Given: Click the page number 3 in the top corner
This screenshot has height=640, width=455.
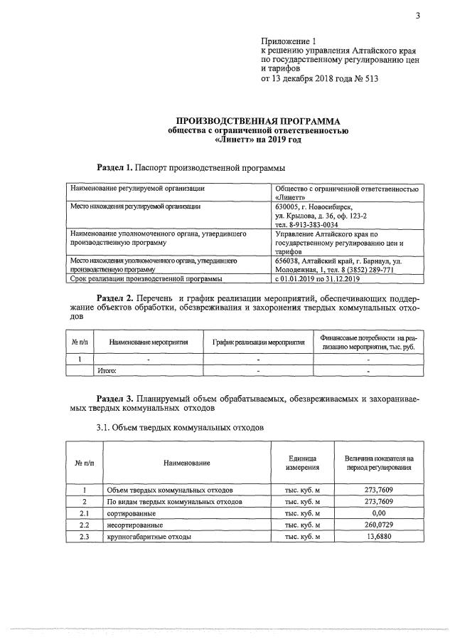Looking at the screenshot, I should (419, 17).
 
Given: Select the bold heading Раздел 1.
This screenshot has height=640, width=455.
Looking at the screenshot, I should (114, 168).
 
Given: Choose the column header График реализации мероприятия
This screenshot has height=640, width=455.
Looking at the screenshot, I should (258, 342).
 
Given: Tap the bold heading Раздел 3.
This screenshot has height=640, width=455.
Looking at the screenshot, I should (114, 401).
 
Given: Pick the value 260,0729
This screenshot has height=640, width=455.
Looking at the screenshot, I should (378, 524).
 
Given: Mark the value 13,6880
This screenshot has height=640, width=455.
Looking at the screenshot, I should (378, 536).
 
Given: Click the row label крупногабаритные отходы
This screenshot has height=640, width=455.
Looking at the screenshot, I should (149, 536).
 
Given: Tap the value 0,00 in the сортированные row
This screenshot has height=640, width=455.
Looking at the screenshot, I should (378, 513).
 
